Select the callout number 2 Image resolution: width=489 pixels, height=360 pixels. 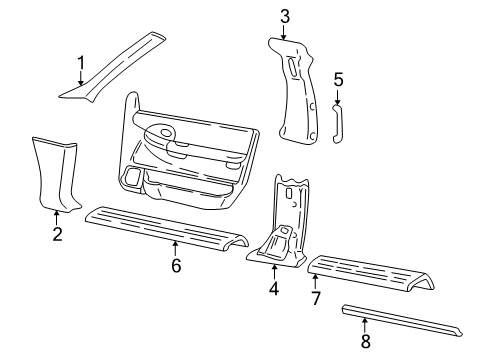pyautogui.click(x=57, y=234)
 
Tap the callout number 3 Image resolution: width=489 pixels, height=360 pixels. pyautogui.click(x=284, y=15)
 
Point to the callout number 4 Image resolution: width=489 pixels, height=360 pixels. pyautogui.click(x=273, y=289)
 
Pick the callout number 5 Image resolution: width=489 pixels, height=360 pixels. pyautogui.click(x=338, y=78)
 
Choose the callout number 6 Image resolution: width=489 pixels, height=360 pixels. pyautogui.click(x=176, y=265)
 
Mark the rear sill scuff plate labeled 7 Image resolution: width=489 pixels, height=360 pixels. pyautogui.click(x=370, y=272)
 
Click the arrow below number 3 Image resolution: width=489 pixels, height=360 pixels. pyautogui.click(x=284, y=32)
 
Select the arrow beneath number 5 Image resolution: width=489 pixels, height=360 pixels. pyautogui.click(x=338, y=96)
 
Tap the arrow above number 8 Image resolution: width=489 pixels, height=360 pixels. pyautogui.click(x=366, y=326)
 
